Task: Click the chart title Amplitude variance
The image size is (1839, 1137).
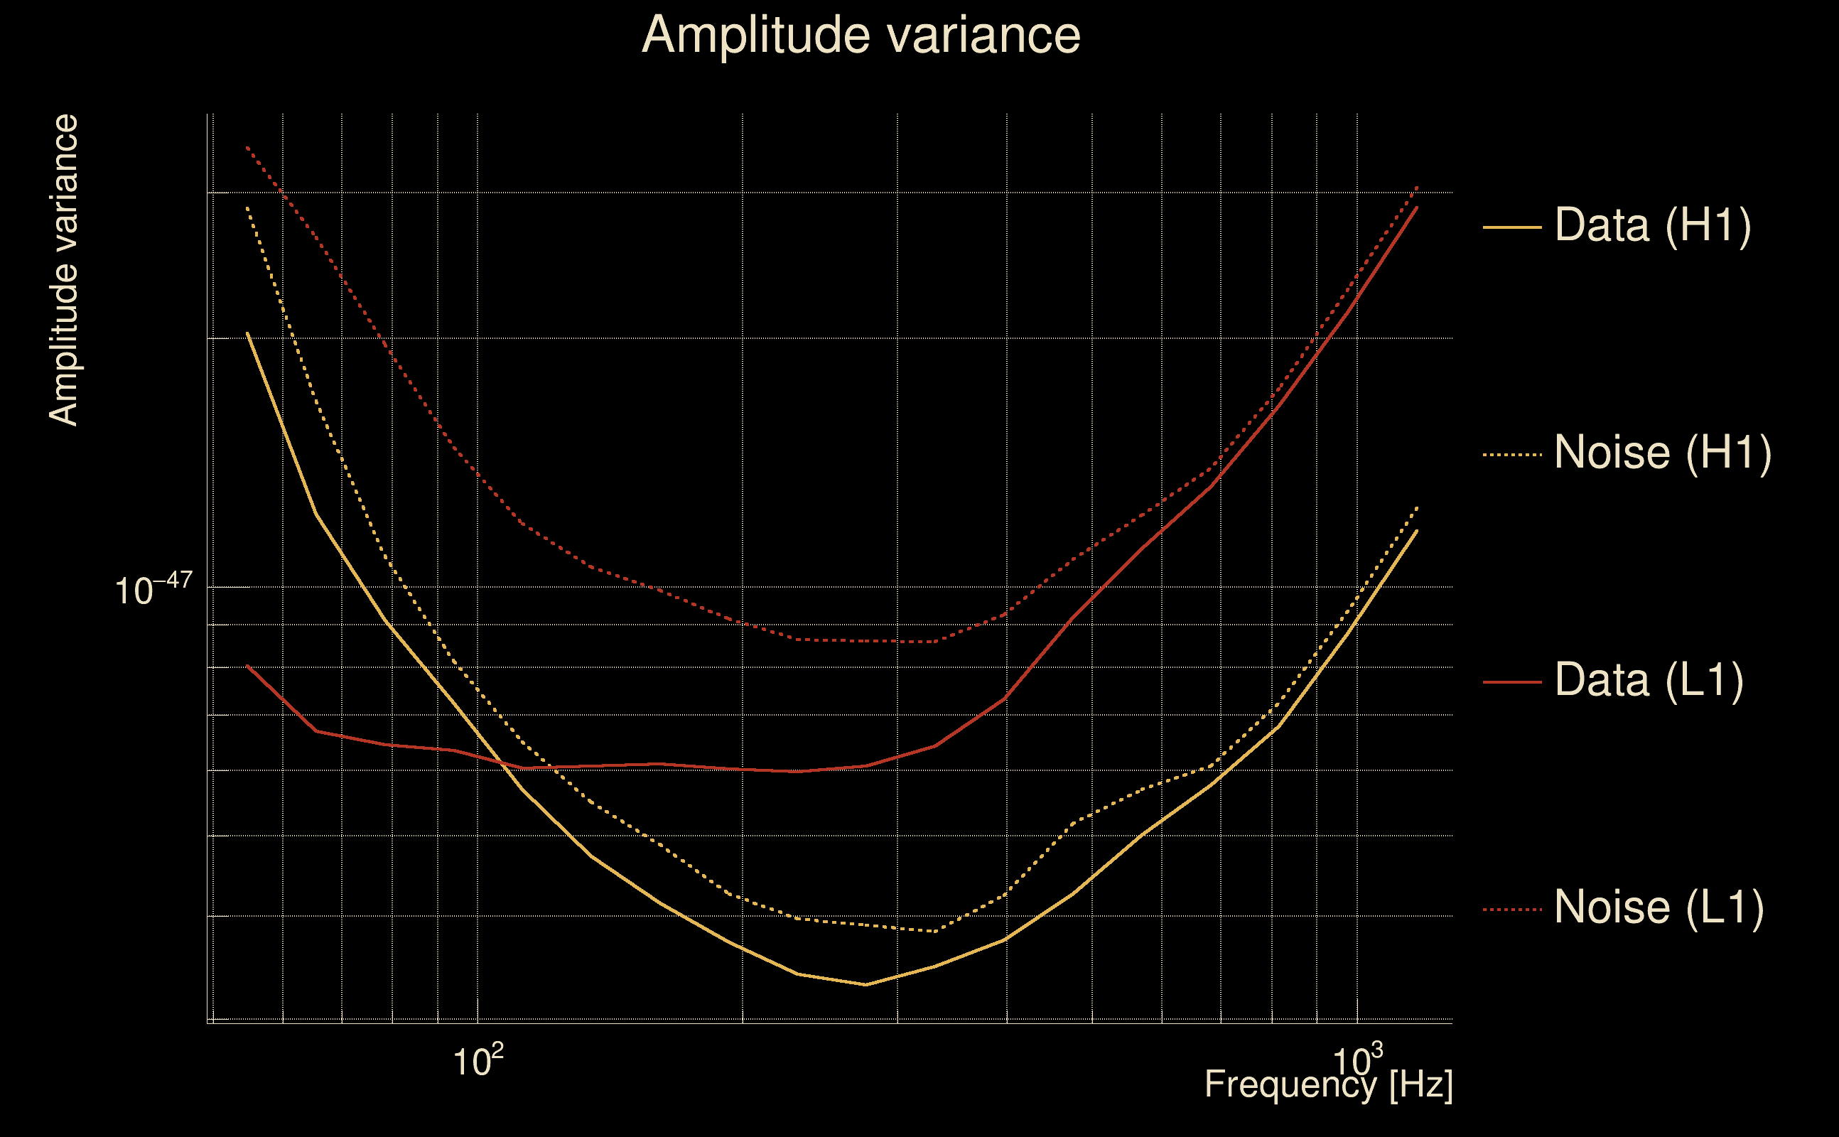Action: [860, 36]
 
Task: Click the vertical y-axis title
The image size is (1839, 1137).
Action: [63, 271]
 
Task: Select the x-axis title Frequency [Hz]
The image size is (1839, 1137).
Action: [1328, 1084]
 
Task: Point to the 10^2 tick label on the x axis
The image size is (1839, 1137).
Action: [478, 1061]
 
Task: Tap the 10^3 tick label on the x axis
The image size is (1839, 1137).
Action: [1357, 1061]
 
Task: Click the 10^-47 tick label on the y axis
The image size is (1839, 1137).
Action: [153, 589]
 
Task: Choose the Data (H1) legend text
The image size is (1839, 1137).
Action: [1653, 225]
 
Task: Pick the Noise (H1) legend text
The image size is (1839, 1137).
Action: [1662, 453]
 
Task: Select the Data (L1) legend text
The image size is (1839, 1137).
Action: [1649, 681]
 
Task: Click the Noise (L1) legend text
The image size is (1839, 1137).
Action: [1659, 907]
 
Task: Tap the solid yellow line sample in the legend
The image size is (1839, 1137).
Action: [1511, 227]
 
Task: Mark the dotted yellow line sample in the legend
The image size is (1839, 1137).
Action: [1511, 454]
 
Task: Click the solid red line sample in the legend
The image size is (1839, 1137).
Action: [1511, 682]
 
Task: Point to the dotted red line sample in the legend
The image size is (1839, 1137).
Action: [1511, 909]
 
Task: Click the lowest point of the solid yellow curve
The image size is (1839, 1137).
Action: [866, 984]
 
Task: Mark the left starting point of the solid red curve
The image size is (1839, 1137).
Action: [247, 666]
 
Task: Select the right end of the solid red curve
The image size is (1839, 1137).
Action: [1417, 207]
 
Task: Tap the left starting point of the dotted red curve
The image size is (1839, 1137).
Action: [247, 147]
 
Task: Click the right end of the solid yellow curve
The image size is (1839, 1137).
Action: [1417, 531]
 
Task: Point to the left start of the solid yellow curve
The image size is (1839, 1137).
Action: [247, 333]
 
